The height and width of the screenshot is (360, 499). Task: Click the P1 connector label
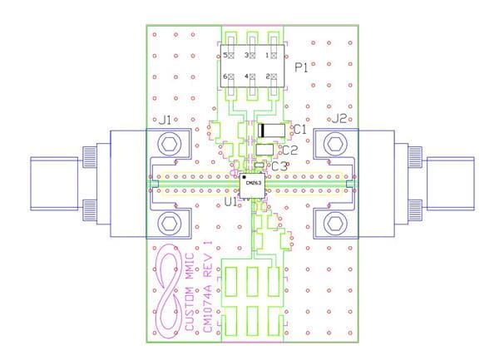coord(301,68)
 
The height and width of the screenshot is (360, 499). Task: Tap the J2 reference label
coord(339,121)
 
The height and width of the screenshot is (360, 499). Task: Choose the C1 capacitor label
coord(300,130)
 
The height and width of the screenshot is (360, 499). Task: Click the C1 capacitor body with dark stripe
coord(272,130)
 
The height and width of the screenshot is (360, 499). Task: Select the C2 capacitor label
coord(290,150)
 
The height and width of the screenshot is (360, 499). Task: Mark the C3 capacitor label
coord(279,166)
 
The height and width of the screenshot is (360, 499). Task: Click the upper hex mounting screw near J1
coord(170,145)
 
